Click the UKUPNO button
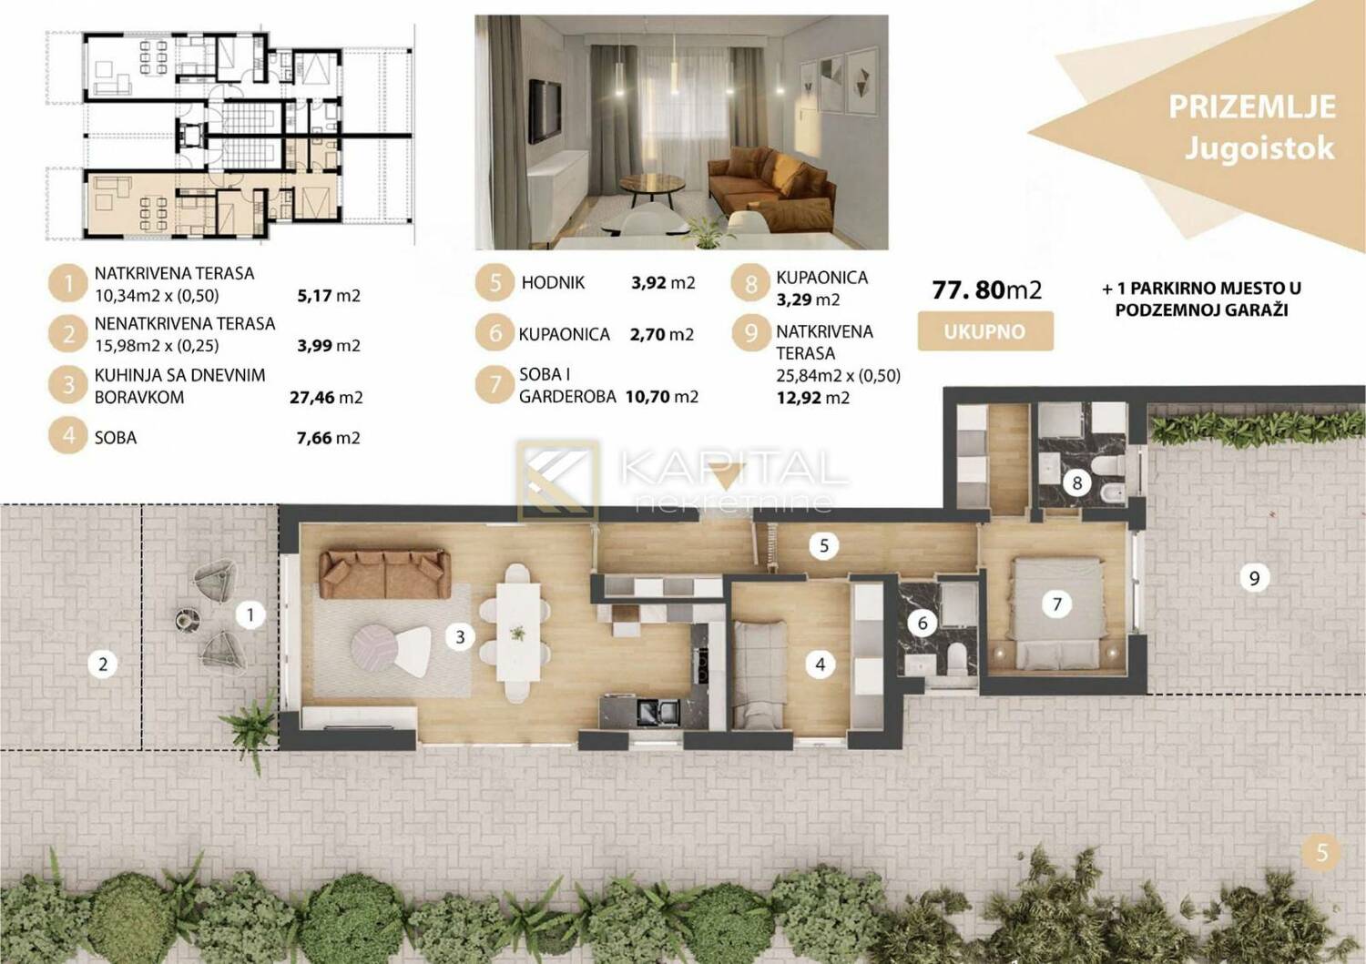click(x=985, y=331)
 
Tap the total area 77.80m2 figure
click(x=986, y=290)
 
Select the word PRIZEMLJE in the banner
click(x=1252, y=107)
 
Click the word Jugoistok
click(x=1259, y=148)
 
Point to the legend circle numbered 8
click(x=750, y=283)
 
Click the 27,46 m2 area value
click(x=326, y=398)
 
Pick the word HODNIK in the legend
click(x=553, y=283)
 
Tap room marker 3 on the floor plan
click(x=460, y=637)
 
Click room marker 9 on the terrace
click(x=1254, y=577)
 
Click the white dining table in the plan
click(x=518, y=633)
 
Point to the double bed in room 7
click(x=1058, y=614)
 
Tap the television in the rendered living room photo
click(x=545, y=112)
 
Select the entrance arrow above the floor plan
click(x=726, y=475)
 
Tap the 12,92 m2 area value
click(x=813, y=398)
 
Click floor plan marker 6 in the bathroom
click(x=922, y=624)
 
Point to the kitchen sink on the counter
click(x=658, y=712)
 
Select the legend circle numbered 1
click(x=67, y=283)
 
